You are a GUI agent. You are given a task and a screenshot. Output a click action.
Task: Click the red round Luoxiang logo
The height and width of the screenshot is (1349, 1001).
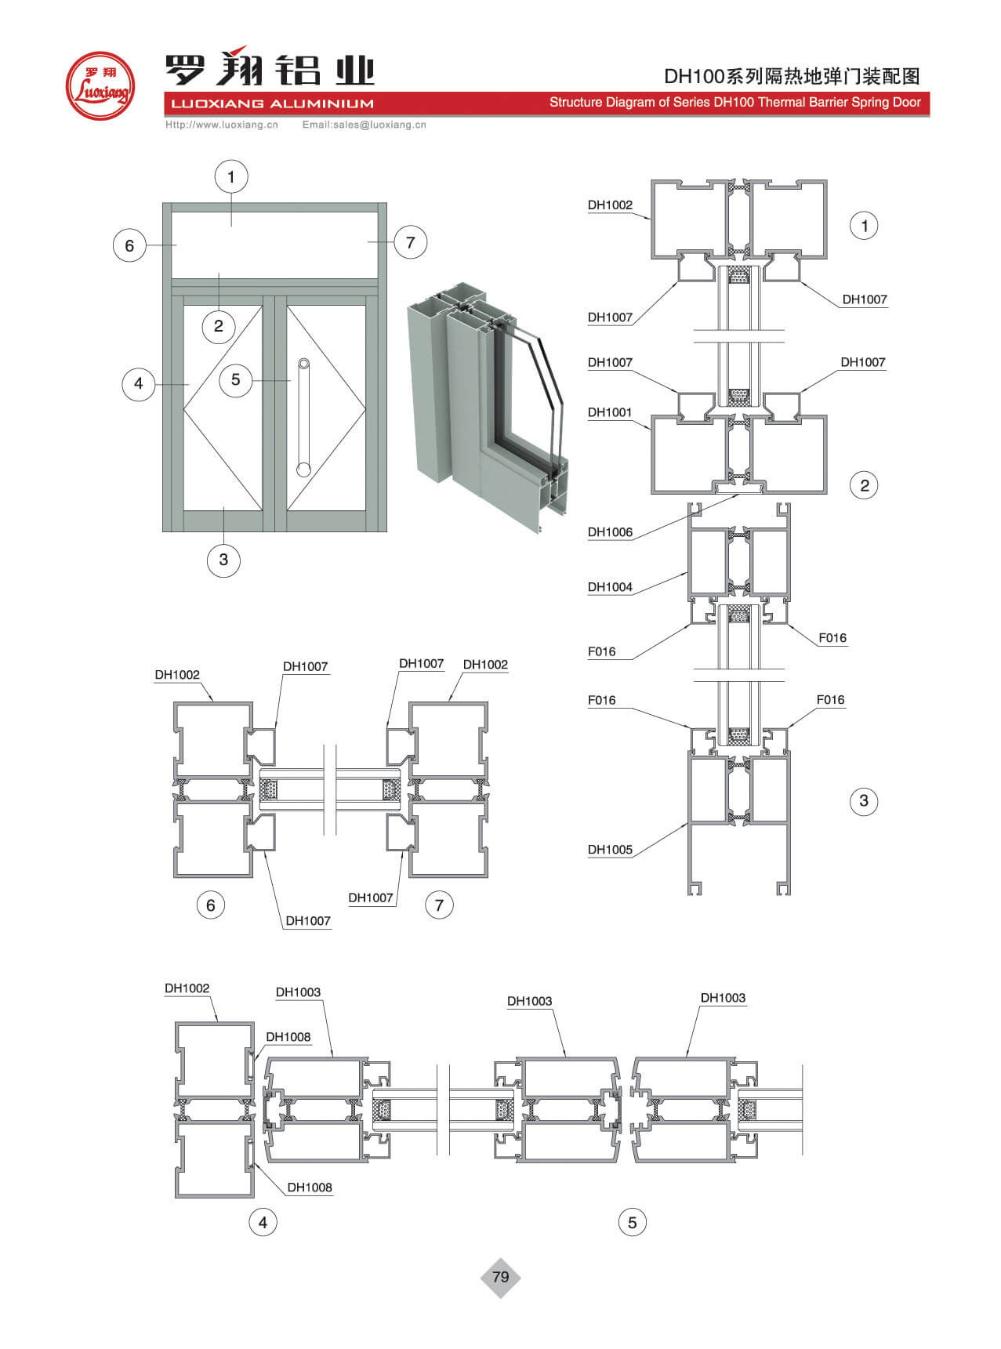(x=100, y=85)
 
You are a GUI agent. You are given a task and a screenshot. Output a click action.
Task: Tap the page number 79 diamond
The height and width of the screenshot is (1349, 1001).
(x=500, y=1277)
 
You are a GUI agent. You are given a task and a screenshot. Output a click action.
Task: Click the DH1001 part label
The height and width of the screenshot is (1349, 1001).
(x=610, y=412)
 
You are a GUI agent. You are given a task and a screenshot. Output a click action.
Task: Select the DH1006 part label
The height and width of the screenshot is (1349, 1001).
(x=610, y=532)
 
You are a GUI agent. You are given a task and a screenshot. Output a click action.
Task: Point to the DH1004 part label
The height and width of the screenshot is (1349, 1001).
(x=610, y=587)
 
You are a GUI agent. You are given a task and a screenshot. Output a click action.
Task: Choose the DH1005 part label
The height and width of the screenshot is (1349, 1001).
(x=610, y=850)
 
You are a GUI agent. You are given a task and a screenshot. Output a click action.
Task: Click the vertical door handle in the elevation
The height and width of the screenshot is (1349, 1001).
(x=303, y=417)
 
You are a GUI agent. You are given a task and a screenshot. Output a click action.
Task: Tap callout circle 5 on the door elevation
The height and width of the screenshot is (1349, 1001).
(x=235, y=380)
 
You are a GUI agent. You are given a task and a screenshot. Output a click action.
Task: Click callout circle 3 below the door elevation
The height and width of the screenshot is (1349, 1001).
(x=223, y=560)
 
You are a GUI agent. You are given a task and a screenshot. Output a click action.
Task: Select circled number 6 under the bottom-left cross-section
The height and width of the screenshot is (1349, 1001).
(x=210, y=905)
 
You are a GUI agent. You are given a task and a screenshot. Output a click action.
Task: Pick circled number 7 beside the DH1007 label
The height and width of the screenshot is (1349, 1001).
(x=439, y=905)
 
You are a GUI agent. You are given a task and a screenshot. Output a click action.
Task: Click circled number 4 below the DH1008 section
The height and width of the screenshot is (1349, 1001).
(x=263, y=1222)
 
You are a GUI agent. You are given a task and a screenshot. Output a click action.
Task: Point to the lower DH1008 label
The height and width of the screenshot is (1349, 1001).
(x=310, y=1188)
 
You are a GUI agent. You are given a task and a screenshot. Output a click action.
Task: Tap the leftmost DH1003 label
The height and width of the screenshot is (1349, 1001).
(x=298, y=992)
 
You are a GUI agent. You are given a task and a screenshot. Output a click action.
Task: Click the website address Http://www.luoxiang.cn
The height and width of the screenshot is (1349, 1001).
(x=222, y=125)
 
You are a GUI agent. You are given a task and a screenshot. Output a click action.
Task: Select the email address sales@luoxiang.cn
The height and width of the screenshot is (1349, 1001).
(x=364, y=125)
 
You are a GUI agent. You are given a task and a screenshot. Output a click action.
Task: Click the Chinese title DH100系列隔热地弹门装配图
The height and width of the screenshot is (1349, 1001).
(x=792, y=76)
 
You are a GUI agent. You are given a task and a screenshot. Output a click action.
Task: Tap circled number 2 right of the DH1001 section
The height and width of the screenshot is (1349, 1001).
(x=864, y=485)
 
